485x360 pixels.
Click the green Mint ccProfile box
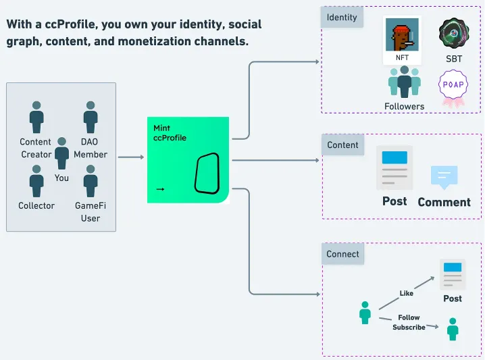(188, 160)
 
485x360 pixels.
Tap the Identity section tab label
(341, 17)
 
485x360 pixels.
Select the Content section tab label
(342, 145)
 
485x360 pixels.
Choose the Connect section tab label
(342, 255)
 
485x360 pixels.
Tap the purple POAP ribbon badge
(452, 88)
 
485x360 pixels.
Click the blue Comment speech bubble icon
(444, 177)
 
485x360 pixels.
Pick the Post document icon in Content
(394, 168)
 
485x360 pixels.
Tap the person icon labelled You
(62, 153)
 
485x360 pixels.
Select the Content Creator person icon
(36, 117)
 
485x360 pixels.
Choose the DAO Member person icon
(91, 117)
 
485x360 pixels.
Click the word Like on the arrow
(405, 293)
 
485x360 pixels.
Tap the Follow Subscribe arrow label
(409, 322)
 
